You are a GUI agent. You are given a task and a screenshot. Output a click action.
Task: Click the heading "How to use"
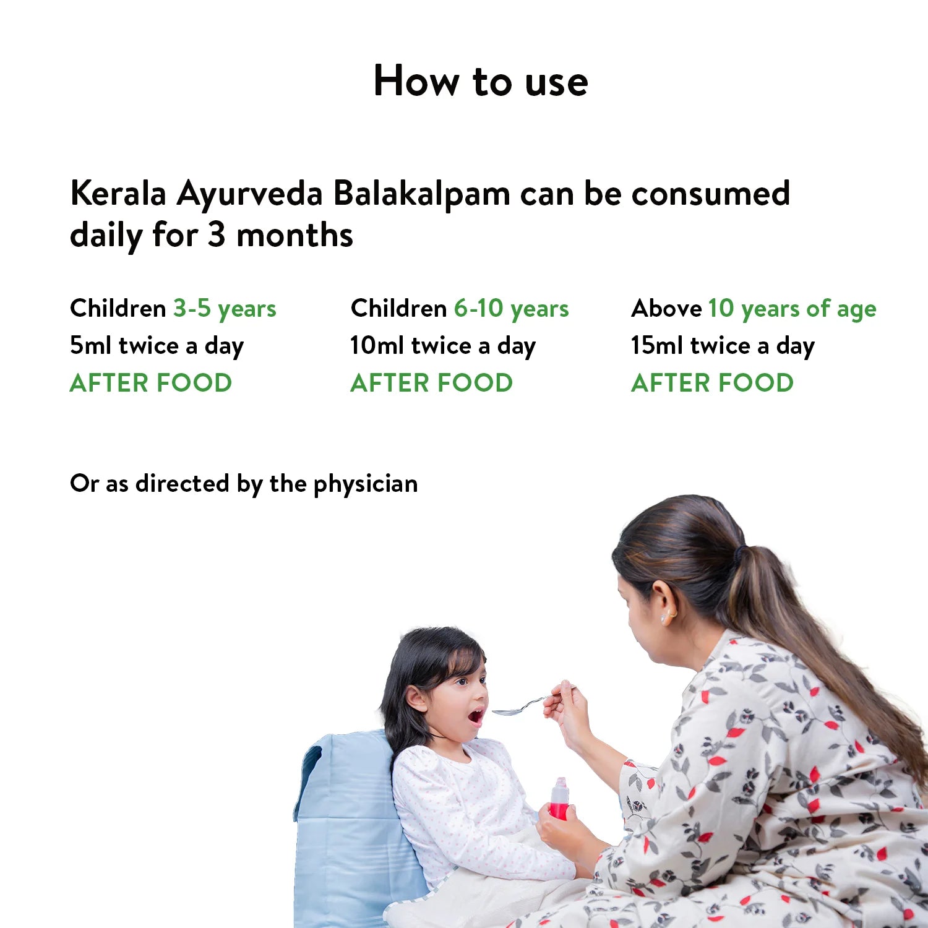coord(481,81)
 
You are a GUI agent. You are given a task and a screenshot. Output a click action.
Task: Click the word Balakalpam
coord(421,194)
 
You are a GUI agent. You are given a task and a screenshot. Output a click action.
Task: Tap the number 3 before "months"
coord(216,235)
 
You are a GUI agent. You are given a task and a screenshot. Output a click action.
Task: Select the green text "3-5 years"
coord(224,309)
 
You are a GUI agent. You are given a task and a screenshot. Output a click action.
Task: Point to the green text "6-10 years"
coord(511,309)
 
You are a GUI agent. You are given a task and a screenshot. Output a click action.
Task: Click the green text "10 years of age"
coord(792,309)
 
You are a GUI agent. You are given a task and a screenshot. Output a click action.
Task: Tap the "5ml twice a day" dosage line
coord(157,346)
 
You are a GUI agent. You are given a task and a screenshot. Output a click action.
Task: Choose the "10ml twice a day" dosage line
coord(442,346)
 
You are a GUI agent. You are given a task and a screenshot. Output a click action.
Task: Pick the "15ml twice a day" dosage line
coord(723,346)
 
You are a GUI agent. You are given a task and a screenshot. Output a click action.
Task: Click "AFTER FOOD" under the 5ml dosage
coord(151,383)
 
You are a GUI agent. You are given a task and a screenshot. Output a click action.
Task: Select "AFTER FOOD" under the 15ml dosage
coord(712,383)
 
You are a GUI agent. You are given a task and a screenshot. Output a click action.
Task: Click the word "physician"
coord(366,484)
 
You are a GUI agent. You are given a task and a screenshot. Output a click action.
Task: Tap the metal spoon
coord(520,707)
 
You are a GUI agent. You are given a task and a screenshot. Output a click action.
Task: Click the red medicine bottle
coord(559,799)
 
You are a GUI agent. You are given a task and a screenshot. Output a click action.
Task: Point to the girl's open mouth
coord(476,716)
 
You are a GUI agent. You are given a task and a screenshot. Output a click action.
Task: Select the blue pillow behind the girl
coord(346,823)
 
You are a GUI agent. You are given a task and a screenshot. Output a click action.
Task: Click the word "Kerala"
coord(118,194)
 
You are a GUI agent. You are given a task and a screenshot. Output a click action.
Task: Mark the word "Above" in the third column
coord(666,309)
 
